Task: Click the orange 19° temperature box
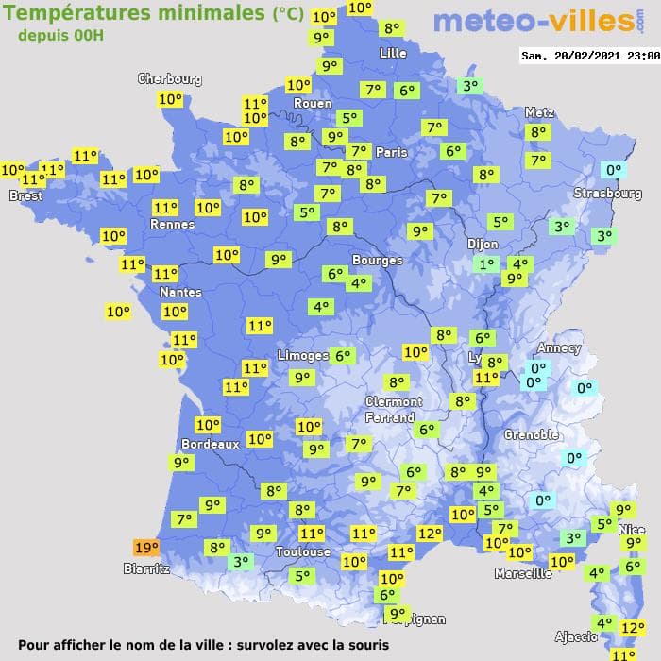pyautogui.click(x=146, y=548)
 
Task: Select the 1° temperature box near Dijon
pyautogui.click(x=486, y=265)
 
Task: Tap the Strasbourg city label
pyautogui.click(x=608, y=194)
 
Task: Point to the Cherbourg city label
pyautogui.click(x=170, y=79)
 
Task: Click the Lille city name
pyautogui.click(x=393, y=54)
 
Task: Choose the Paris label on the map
pyautogui.click(x=392, y=152)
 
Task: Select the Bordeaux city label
pyautogui.click(x=210, y=444)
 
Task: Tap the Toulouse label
pyautogui.click(x=303, y=551)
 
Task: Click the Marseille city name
pyautogui.click(x=523, y=573)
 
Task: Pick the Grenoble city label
pyautogui.click(x=532, y=435)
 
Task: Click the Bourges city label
pyautogui.click(x=377, y=260)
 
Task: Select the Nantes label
pyautogui.click(x=179, y=292)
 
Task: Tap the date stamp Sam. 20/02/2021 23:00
pyautogui.click(x=590, y=56)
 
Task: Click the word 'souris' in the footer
pyautogui.click(x=364, y=645)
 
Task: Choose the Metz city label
pyautogui.click(x=539, y=112)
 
